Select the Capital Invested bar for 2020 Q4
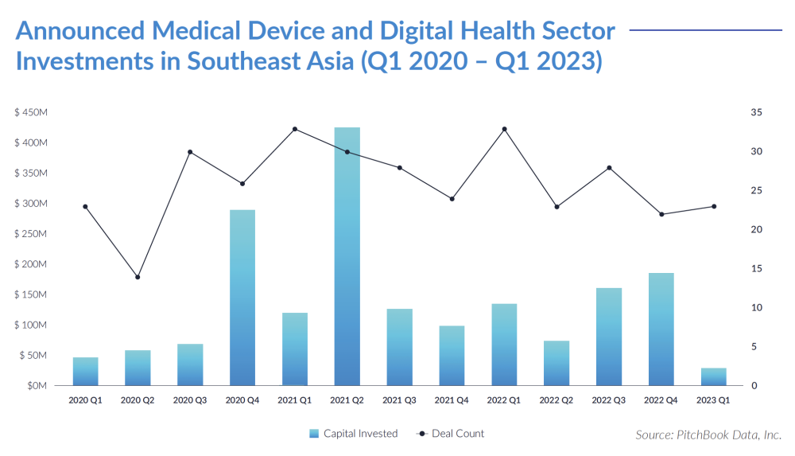pyautogui.click(x=242, y=298)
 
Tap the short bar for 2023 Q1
pyautogui.click(x=713, y=376)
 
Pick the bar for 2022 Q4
pyautogui.click(x=661, y=329)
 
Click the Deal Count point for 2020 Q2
pyautogui.click(x=138, y=277)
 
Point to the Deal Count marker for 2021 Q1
pyautogui.click(x=295, y=129)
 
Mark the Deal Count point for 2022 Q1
pyautogui.click(x=504, y=129)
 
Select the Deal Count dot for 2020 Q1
pyautogui.click(x=85, y=207)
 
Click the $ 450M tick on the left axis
pyautogui.click(x=31, y=113)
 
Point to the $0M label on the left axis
pyautogui.click(x=37, y=386)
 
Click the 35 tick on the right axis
pyautogui.click(x=756, y=113)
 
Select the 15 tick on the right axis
pyautogui.click(x=756, y=269)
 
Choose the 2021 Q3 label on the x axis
pyautogui.click(x=399, y=401)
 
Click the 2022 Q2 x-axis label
pyautogui.click(x=556, y=401)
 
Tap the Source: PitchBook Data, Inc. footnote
pyautogui.click(x=708, y=435)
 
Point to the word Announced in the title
pyautogui.click(x=80, y=31)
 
